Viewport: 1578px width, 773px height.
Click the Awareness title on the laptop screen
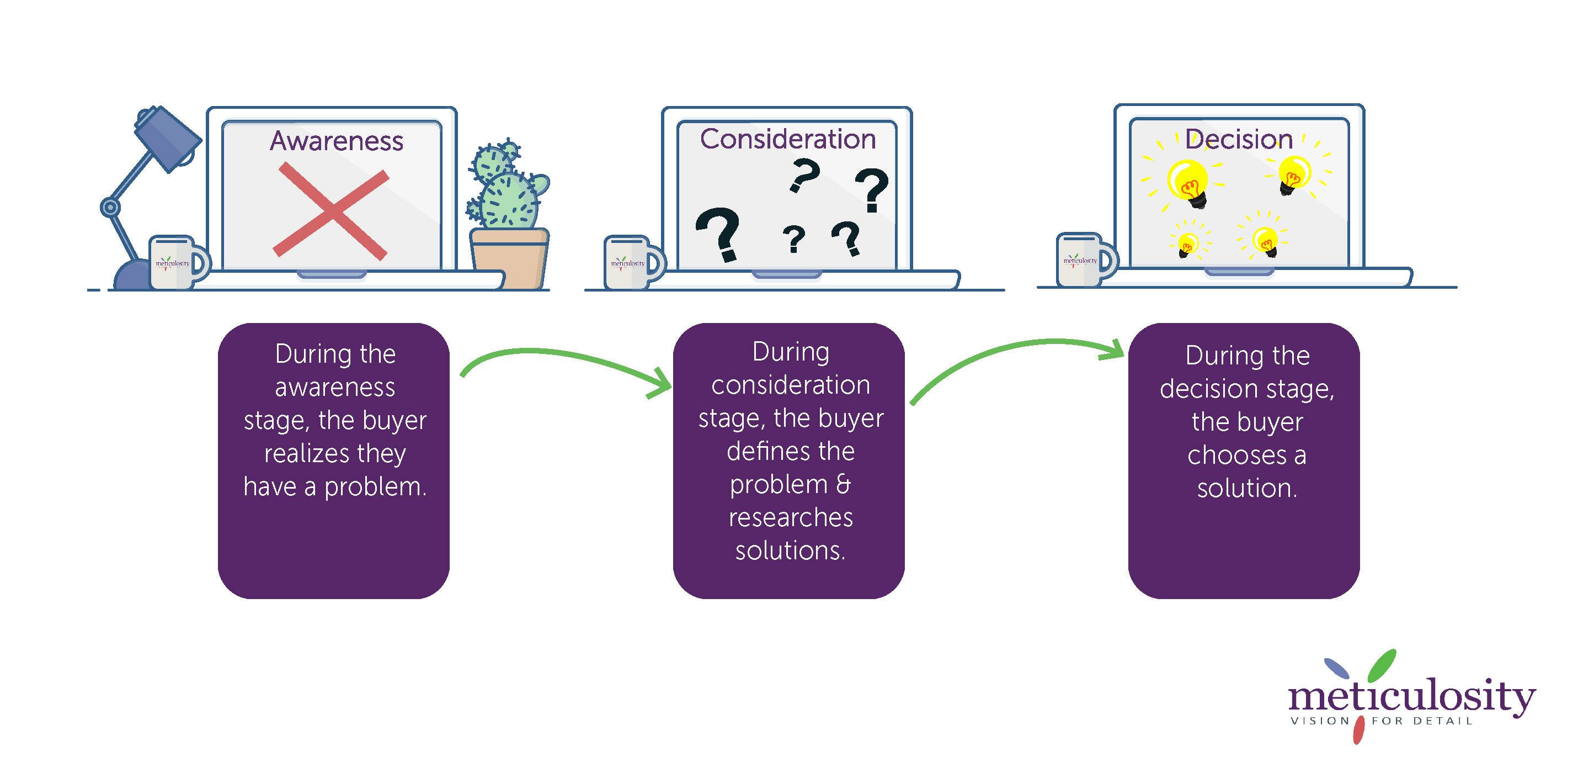point(337,141)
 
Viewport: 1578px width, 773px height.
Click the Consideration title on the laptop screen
point(788,139)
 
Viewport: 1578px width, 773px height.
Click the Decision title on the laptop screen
point(1238,139)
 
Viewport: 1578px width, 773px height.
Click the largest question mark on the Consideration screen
point(718,233)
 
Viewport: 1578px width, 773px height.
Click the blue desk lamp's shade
point(167,139)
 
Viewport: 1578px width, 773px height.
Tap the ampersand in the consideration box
point(843,484)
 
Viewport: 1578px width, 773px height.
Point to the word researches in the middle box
point(790,517)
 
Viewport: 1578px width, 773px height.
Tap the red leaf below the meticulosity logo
point(1359,730)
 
